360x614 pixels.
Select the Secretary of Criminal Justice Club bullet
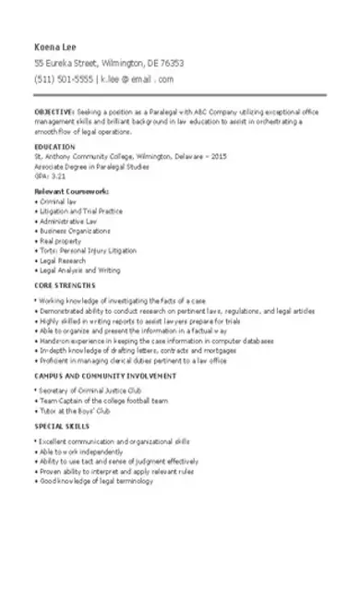[x=89, y=391]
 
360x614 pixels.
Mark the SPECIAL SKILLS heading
[x=62, y=427]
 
